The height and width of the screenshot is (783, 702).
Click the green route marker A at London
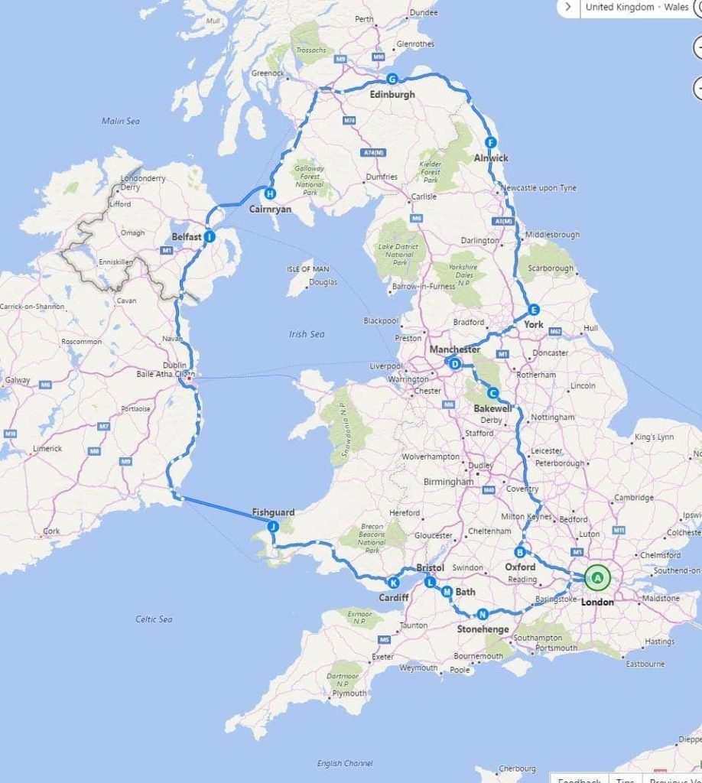pos(597,578)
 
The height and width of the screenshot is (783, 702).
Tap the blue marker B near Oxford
pos(519,552)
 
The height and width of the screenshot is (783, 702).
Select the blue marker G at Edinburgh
pos(392,79)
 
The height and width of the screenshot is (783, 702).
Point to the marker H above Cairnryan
pos(269,193)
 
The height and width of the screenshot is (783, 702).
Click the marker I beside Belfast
pos(210,237)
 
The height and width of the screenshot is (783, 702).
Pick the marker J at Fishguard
pos(272,526)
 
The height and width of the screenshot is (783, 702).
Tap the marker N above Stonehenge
pos(483,614)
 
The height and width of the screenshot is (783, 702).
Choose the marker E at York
pos(534,310)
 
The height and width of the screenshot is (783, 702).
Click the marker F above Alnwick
pos(491,142)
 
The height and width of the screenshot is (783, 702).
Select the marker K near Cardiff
pos(394,582)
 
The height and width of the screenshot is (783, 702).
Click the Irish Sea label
pos(307,334)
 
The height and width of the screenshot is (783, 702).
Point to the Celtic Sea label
pos(154,619)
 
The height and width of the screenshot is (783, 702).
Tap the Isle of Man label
pos(308,269)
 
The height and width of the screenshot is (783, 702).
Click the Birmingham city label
pos(449,482)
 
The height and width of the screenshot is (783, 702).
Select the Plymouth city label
pos(349,694)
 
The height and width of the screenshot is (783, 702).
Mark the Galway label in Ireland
pos(18,380)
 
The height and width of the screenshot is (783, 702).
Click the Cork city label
pos(51,531)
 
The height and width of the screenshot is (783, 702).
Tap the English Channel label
pos(346,763)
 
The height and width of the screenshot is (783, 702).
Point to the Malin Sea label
pos(121,121)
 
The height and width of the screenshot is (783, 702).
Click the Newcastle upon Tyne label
pos(538,188)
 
